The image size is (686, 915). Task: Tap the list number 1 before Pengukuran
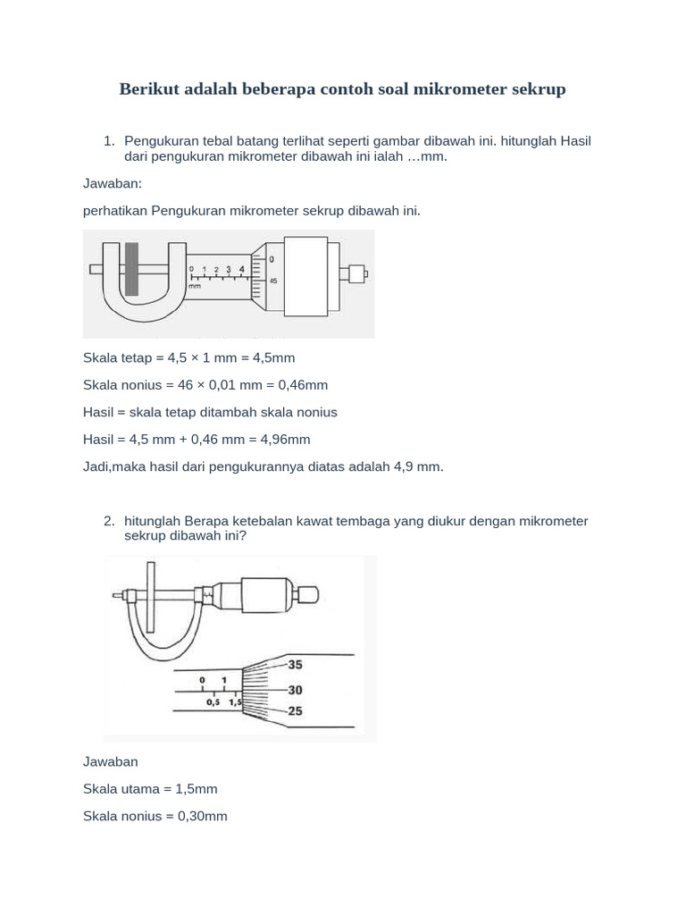tap(108, 141)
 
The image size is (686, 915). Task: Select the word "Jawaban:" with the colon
tap(113, 183)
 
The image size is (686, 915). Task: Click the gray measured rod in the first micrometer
tap(132, 268)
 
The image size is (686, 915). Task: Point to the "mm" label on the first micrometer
tap(195, 287)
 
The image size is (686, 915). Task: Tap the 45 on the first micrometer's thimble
tap(272, 281)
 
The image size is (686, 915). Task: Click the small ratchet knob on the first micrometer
tap(356, 272)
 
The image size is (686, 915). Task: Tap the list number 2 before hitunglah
tap(108, 521)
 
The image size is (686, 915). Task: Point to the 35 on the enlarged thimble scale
tap(296, 665)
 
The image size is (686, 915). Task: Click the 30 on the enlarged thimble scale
tap(296, 689)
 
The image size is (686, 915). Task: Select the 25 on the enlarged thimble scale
tap(296, 711)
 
